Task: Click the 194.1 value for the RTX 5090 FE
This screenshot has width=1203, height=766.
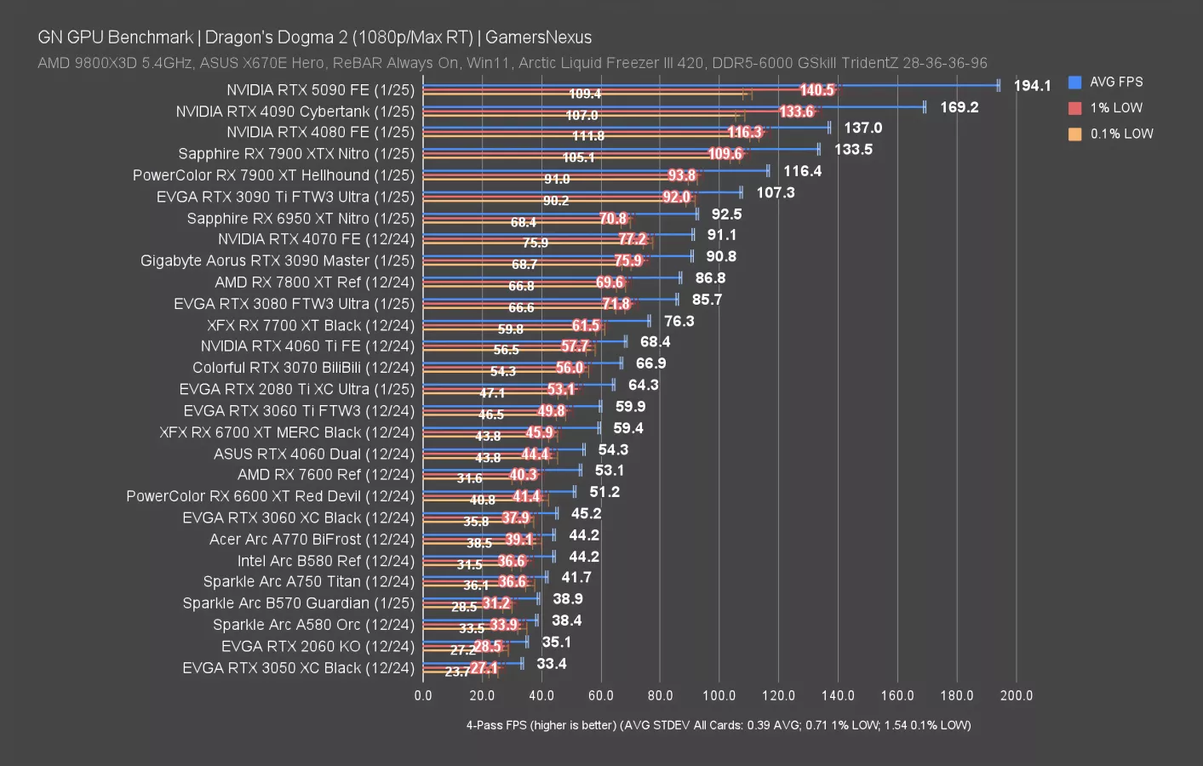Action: tap(1032, 86)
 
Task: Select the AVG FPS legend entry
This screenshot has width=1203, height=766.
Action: tap(1115, 83)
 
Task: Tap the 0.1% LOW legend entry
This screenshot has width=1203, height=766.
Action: tap(1120, 134)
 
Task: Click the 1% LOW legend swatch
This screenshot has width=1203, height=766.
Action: tap(1075, 108)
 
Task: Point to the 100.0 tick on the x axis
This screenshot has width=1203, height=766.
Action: tap(719, 695)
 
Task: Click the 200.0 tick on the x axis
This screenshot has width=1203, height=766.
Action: tap(1016, 695)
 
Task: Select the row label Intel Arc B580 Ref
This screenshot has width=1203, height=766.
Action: tap(325, 561)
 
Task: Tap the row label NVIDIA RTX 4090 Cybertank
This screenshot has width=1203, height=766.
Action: tap(295, 111)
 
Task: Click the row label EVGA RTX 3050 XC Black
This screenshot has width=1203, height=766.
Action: tap(298, 668)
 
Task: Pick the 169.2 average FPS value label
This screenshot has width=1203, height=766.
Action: tap(959, 107)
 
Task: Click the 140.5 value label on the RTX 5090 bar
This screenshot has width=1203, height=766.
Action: tap(816, 90)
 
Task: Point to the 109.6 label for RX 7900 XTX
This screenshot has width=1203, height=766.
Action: tap(725, 154)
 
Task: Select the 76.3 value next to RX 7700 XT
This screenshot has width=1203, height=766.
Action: tap(679, 321)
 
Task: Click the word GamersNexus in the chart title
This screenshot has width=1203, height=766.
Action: tap(538, 37)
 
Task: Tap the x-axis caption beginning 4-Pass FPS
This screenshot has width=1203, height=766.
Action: tap(718, 725)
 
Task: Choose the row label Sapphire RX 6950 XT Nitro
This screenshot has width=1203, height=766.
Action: tap(301, 219)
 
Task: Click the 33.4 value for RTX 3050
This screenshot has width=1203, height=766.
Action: tap(551, 664)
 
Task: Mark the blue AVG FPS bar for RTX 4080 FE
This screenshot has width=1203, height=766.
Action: tap(626, 128)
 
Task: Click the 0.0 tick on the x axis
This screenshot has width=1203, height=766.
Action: tap(423, 695)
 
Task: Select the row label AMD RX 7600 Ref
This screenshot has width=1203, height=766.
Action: tap(325, 475)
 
